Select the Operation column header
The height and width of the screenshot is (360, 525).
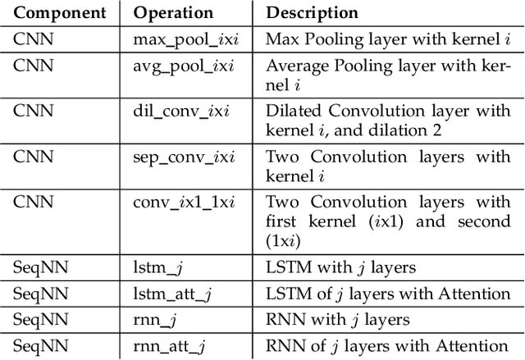click(x=173, y=13)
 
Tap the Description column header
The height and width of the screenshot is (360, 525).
click(x=312, y=13)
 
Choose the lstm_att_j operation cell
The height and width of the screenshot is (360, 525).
click(x=166, y=294)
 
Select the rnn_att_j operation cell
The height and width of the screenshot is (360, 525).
click(x=163, y=346)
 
